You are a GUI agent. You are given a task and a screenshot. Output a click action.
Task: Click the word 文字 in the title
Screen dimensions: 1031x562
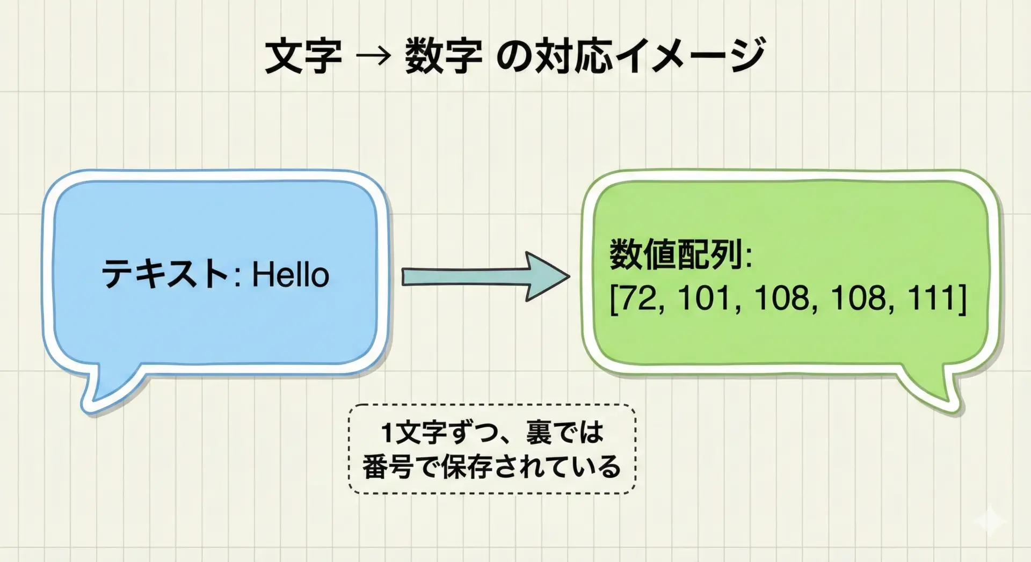click(303, 55)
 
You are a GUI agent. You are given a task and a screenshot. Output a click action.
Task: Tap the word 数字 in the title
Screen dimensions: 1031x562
click(443, 55)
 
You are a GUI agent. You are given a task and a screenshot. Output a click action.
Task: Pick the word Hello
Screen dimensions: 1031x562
click(291, 274)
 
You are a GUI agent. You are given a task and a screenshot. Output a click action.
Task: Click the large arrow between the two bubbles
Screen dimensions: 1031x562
click(486, 276)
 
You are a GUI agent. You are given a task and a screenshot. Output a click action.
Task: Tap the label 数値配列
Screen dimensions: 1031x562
click(676, 254)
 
